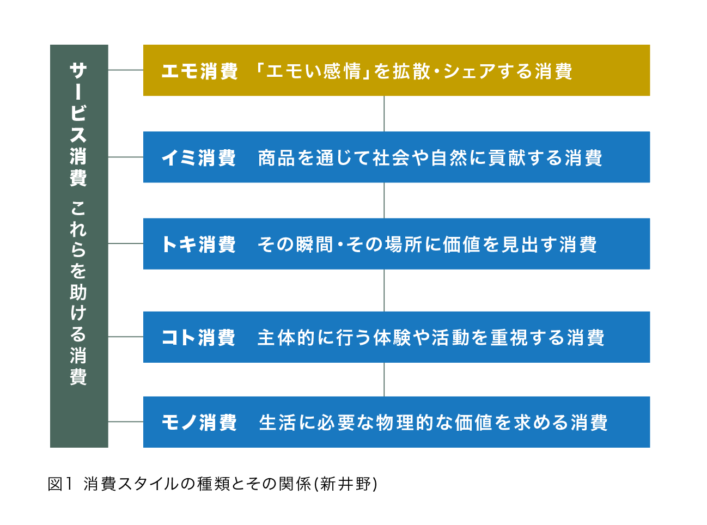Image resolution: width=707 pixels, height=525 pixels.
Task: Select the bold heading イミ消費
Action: coord(199,158)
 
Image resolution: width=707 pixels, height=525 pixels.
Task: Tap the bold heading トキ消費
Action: coord(199,245)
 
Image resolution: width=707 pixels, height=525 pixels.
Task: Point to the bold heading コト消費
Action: coord(199,338)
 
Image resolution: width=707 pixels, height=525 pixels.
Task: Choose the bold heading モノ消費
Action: coord(199,423)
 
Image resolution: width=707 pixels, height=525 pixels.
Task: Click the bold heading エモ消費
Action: coord(200,71)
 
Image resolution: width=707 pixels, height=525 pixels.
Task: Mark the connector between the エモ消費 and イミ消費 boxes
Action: coord(384,114)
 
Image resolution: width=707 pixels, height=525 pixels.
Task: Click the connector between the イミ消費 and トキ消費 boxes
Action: coord(384,200)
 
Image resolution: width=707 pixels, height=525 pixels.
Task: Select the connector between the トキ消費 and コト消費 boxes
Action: coord(384,290)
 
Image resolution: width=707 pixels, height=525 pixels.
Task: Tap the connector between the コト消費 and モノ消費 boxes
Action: coord(384,380)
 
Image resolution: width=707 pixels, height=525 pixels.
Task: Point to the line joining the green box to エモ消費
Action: coord(126,70)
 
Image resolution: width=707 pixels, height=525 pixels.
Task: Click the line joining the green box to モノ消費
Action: coord(126,422)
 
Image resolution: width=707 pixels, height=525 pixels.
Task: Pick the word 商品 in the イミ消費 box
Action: coord(277,158)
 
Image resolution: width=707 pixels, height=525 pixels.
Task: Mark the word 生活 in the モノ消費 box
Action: coord(277,423)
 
